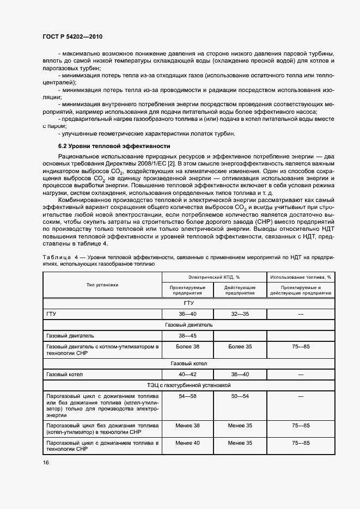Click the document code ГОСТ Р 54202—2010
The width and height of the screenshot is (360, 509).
72,36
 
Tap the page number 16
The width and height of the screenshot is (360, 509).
46,462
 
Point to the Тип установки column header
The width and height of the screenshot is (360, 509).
102,284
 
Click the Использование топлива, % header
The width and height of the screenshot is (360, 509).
301,277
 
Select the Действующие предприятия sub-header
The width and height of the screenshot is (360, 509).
240,290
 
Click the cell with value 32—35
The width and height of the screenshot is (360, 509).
240,314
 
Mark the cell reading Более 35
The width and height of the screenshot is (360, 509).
240,346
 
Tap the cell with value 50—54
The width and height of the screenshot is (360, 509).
240,396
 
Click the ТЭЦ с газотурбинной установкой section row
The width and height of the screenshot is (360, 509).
188,385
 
